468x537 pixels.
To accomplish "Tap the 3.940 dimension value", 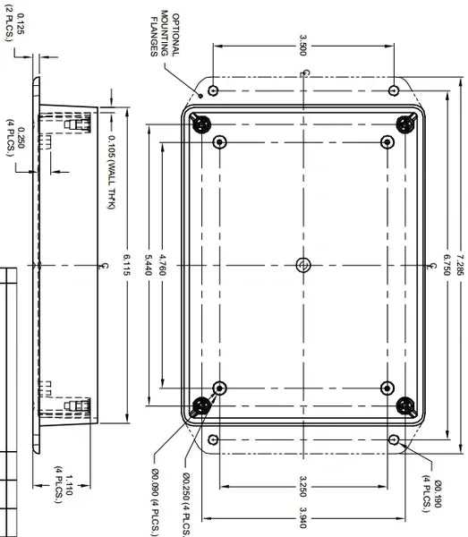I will (x=304, y=516).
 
